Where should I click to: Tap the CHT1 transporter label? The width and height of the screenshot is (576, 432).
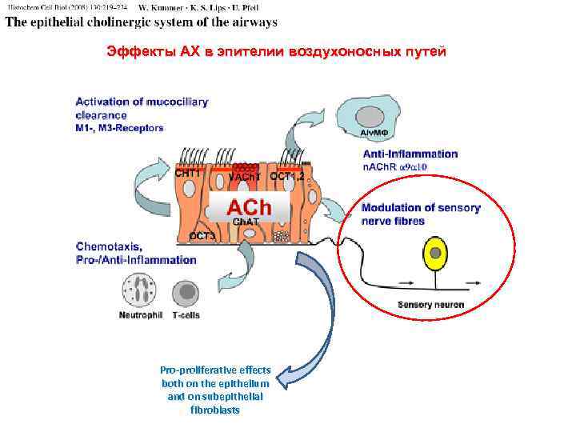tap(188, 171)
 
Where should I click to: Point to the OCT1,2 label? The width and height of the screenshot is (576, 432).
tap(286, 175)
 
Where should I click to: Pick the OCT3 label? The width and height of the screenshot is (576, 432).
tap(202, 236)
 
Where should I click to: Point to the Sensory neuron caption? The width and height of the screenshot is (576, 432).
tap(430, 304)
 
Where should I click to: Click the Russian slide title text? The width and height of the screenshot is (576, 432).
tap(276, 52)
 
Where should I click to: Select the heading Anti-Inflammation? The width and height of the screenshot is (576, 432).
tap(410, 154)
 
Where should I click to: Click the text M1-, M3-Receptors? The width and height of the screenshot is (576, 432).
tap(120, 127)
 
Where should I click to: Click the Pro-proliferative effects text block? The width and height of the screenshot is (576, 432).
tap(215, 390)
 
